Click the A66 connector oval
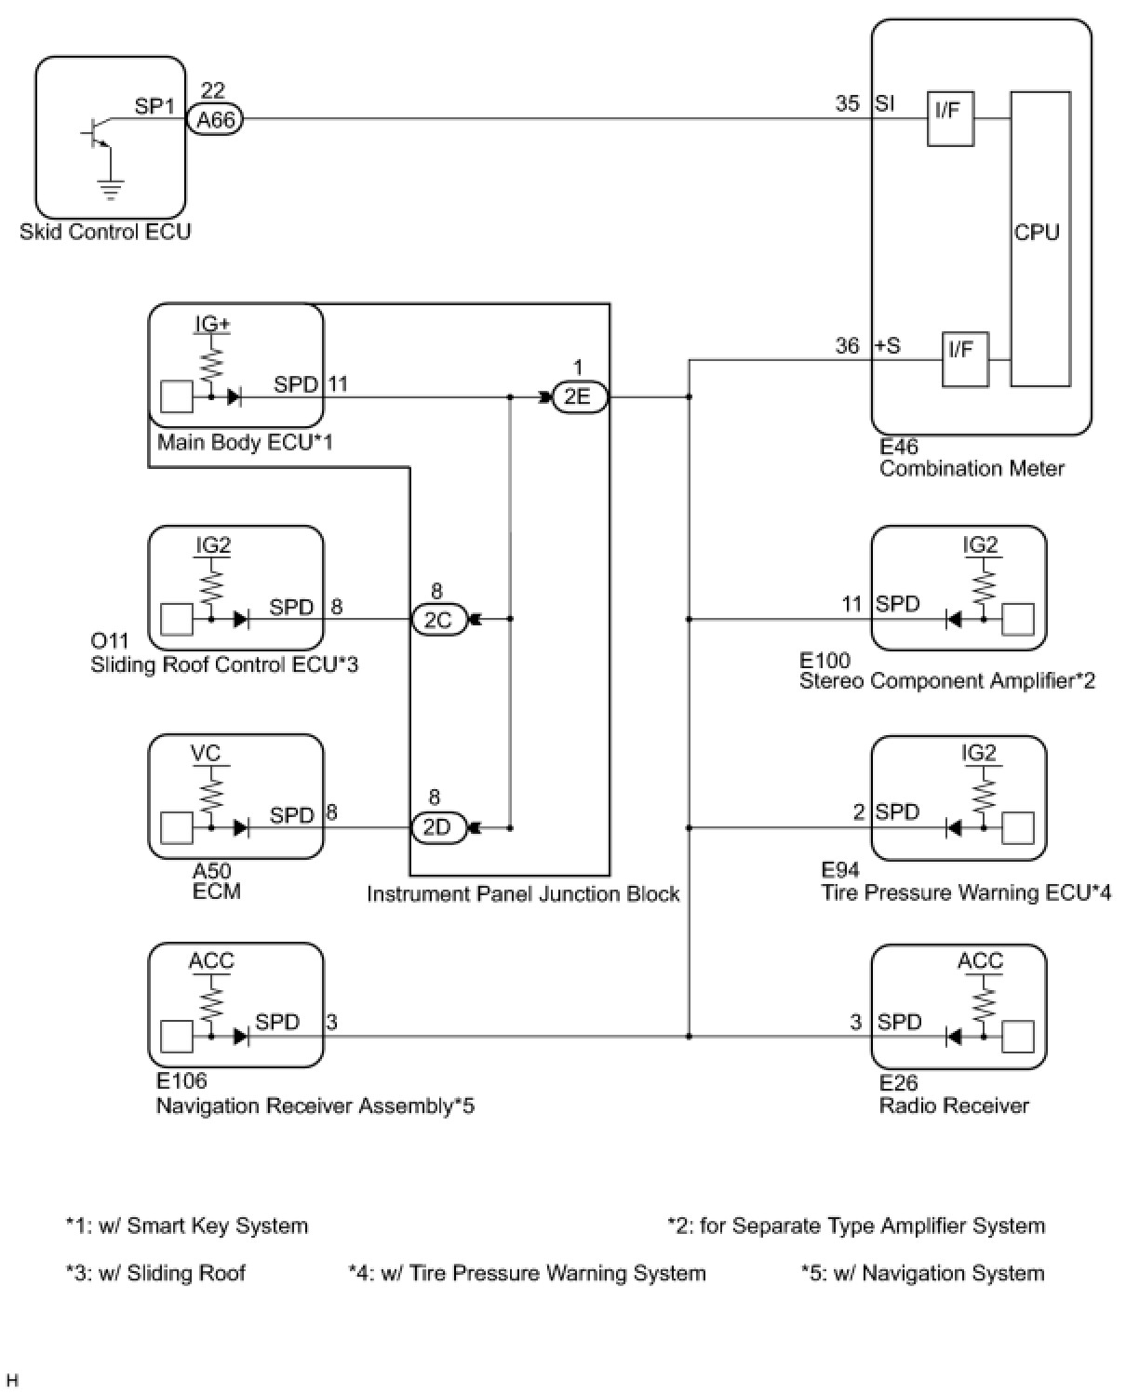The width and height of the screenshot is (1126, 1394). tap(215, 120)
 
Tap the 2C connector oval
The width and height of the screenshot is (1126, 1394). tap(437, 620)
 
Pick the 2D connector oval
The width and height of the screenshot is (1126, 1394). tap(436, 827)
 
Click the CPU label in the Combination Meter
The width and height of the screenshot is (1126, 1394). tap(1038, 233)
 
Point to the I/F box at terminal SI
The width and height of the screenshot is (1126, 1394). tap(949, 118)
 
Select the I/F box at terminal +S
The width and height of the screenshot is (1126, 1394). tap(964, 359)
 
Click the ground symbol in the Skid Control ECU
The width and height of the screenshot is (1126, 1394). tap(111, 191)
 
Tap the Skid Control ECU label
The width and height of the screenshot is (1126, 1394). tap(105, 232)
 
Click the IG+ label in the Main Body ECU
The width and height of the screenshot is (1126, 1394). tap(212, 324)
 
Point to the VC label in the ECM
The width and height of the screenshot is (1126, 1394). tap(206, 753)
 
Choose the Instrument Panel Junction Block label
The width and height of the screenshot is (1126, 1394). tap(523, 894)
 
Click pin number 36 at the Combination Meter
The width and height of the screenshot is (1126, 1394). tap(847, 346)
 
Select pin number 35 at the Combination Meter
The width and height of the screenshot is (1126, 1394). tap(847, 103)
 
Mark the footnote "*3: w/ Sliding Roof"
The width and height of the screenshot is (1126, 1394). tap(155, 1273)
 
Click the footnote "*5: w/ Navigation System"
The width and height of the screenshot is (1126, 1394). tap(922, 1273)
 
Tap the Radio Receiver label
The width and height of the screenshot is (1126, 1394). tap(954, 1106)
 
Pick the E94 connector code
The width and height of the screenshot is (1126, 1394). tap(840, 870)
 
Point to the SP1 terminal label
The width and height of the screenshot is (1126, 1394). tap(154, 106)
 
